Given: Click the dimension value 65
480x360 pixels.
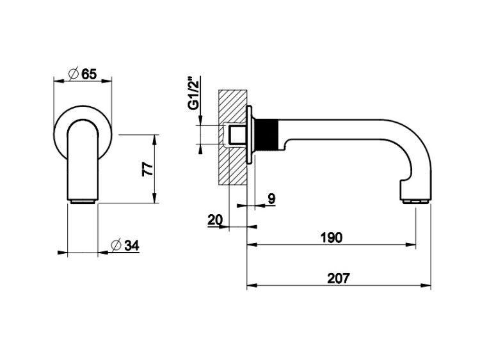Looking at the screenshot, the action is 89,74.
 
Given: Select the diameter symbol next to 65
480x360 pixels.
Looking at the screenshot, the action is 74,74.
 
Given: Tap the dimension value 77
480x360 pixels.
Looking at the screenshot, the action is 148,169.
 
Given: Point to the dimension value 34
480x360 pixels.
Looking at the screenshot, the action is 132,246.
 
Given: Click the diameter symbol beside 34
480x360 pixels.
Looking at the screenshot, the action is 116,245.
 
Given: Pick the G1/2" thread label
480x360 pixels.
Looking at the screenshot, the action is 194,93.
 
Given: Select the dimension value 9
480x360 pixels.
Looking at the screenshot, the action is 271,199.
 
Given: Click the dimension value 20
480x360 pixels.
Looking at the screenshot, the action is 216,220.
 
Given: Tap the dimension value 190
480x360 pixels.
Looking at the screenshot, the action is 332,238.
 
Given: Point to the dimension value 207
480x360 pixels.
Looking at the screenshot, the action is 339,278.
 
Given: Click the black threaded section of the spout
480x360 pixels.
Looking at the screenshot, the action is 267,134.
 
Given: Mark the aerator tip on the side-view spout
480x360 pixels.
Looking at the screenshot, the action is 415,201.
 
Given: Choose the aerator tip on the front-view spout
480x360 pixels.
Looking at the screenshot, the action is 83,201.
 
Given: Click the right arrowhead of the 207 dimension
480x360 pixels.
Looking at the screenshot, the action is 426,285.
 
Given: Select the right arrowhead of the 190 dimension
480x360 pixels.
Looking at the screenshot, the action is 411,244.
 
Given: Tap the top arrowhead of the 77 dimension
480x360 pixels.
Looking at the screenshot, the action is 155,139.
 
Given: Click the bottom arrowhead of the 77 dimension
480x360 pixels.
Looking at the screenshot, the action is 155,198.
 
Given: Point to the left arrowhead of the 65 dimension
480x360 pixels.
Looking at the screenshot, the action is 58,81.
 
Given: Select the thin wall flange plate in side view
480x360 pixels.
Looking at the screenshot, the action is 250,134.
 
